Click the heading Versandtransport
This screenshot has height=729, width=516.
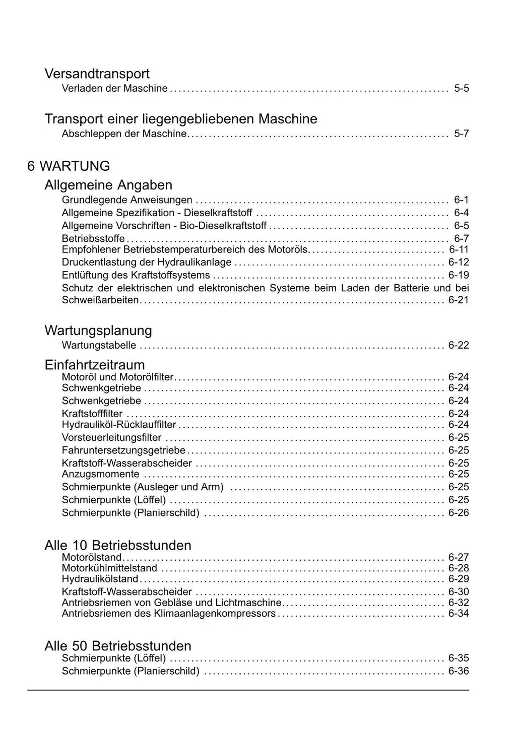pyautogui.click(x=97, y=74)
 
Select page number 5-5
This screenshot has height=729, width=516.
pyautogui.click(x=461, y=88)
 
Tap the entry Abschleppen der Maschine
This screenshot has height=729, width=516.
pyautogui.click(x=124, y=134)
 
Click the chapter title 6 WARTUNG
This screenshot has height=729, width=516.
pyautogui.click(x=69, y=166)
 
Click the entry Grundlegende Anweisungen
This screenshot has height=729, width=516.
pyautogui.click(x=127, y=200)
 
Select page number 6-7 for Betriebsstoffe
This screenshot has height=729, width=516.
pyautogui.click(x=461, y=238)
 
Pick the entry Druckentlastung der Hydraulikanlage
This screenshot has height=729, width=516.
pyautogui.click(x=147, y=262)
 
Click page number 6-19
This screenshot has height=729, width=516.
pyautogui.click(x=459, y=275)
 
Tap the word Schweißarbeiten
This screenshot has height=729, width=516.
pyautogui.click(x=100, y=300)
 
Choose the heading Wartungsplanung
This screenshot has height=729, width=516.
pyautogui.click(x=98, y=330)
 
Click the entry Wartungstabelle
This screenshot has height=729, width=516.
pyautogui.click(x=99, y=345)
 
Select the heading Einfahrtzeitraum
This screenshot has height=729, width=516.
pyautogui.click(x=95, y=365)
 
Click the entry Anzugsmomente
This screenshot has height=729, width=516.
pyautogui.click(x=100, y=474)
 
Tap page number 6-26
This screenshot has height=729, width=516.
pyautogui.click(x=459, y=512)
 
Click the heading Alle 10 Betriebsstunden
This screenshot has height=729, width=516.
pyautogui.click(x=118, y=545)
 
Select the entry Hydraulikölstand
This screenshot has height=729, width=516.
pyautogui.click(x=100, y=579)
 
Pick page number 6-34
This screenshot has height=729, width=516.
pyautogui.click(x=459, y=613)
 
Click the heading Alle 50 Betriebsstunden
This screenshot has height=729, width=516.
pyautogui.click(x=118, y=646)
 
